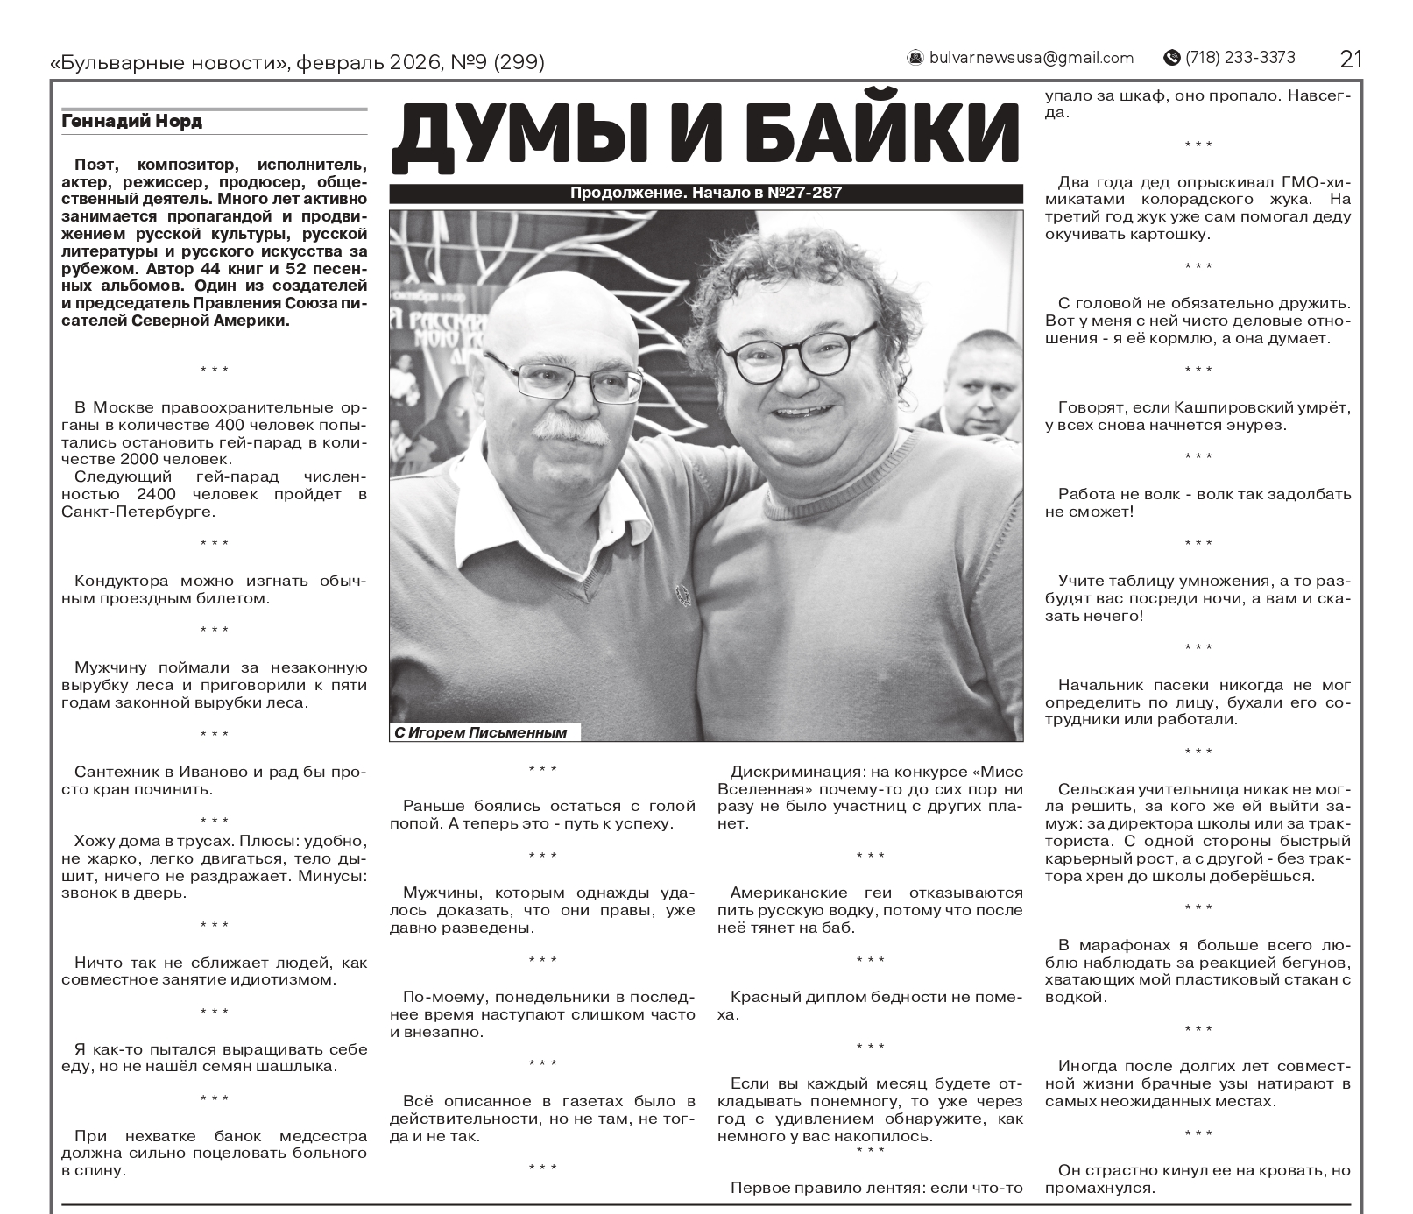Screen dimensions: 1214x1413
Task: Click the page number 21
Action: tap(1351, 59)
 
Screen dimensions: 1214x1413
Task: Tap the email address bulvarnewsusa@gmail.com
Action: tap(1031, 59)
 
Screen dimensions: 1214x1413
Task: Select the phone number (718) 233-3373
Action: tap(1240, 58)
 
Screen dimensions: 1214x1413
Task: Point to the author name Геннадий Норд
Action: tap(131, 122)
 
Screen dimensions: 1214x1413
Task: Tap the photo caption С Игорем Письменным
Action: tap(481, 733)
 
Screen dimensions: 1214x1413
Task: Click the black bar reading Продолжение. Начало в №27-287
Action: tap(705, 194)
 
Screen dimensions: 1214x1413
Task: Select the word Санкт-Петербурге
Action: tap(138, 512)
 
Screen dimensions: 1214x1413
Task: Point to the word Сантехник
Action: tap(119, 772)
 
